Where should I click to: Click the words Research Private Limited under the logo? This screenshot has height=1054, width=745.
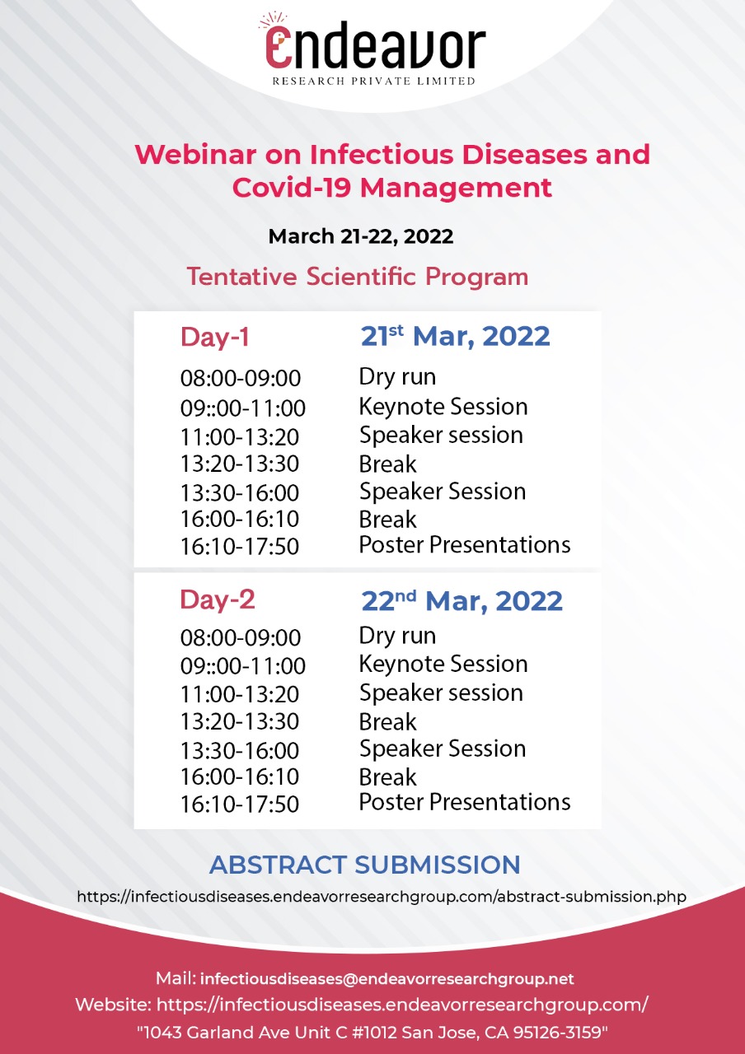pos(375,81)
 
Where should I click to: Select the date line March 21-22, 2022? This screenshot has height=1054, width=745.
pos(361,237)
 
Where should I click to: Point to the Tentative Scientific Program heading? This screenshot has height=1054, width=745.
pos(357,277)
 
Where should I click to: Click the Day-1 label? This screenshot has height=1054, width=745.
pos(214,338)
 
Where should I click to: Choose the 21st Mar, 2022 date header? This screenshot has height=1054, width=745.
pos(455,336)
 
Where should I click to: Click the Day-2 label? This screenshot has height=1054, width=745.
pos(218,600)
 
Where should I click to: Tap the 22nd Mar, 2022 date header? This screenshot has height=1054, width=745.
pos(462,600)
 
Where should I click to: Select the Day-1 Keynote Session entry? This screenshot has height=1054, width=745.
pos(443,407)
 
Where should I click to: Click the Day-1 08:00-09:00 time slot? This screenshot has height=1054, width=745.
pos(241,379)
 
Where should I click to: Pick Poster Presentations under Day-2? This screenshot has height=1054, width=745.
pos(464,802)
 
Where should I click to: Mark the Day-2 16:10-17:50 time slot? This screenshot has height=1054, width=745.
pos(239,804)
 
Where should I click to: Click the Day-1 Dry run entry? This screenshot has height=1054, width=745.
pos(397,377)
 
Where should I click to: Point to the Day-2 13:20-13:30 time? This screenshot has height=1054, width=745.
pos(239,722)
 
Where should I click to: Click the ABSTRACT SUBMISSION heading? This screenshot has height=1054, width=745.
pos(364,865)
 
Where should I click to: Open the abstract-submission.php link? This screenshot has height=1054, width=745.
pos(381,896)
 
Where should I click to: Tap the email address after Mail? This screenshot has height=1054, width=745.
pos(387,979)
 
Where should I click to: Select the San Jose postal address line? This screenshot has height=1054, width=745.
pos(372,1031)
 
